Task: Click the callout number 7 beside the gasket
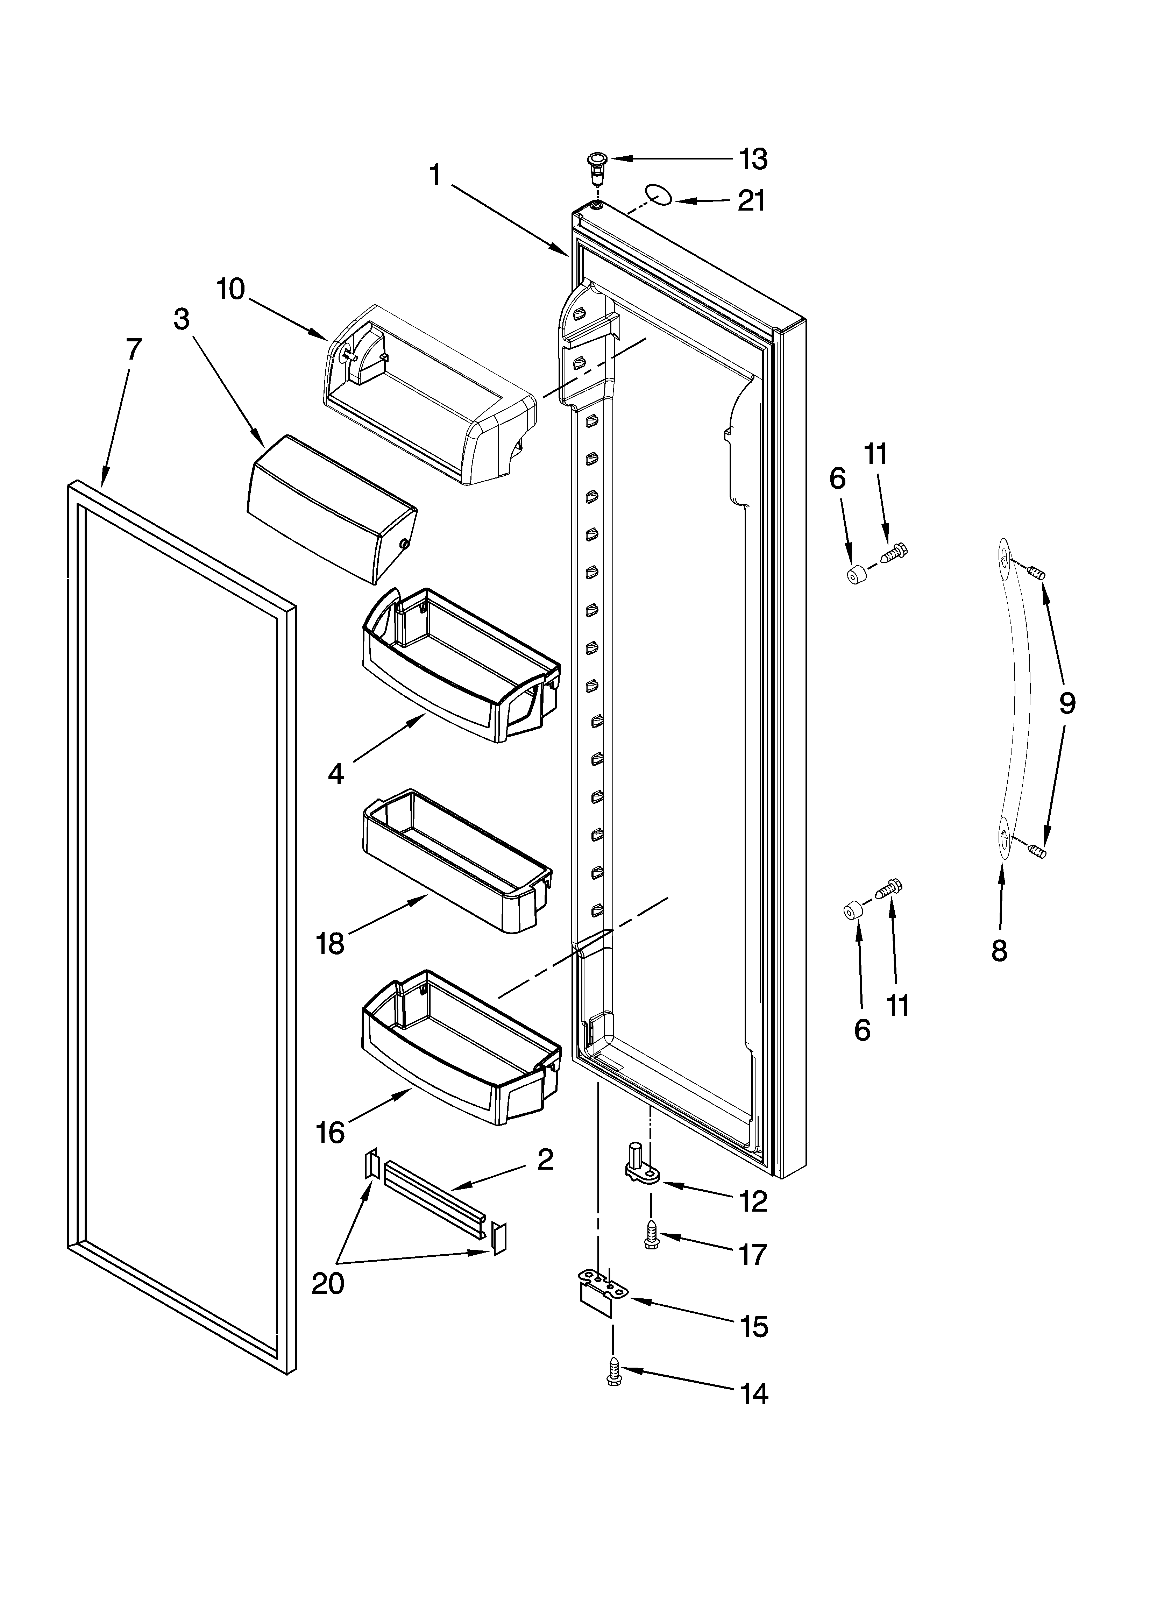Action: (x=133, y=349)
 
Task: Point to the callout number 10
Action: (x=230, y=290)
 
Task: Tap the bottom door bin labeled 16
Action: (x=460, y=1048)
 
